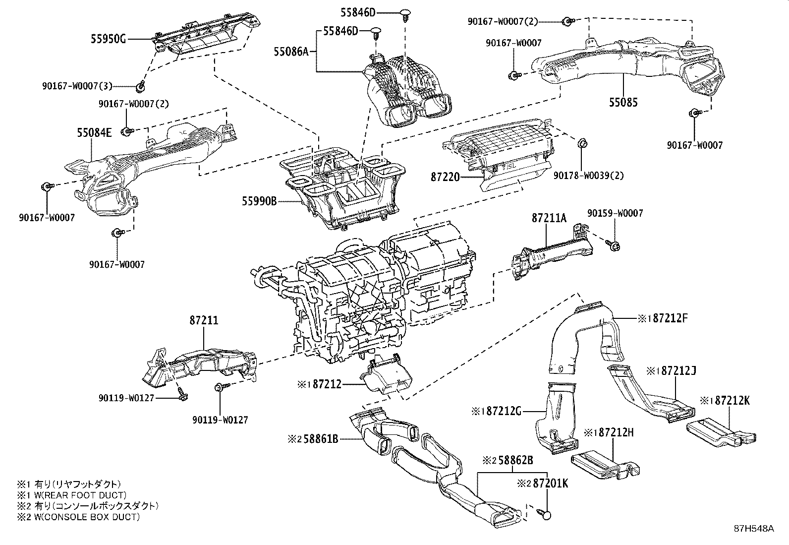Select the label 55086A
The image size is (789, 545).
click(x=291, y=51)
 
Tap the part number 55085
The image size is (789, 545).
click(x=623, y=103)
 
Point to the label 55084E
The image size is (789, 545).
click(x=94, y=132)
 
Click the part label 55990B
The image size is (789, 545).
click(x=259, y=201)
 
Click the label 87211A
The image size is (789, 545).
click(x=549, y=218)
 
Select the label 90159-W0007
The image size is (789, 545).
click(x=615, y=213)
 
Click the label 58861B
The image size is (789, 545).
click(x=320, y=438)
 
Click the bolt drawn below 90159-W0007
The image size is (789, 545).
click(x=613, y=244)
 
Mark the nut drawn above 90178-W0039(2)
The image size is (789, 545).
click(x=583, y=143)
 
